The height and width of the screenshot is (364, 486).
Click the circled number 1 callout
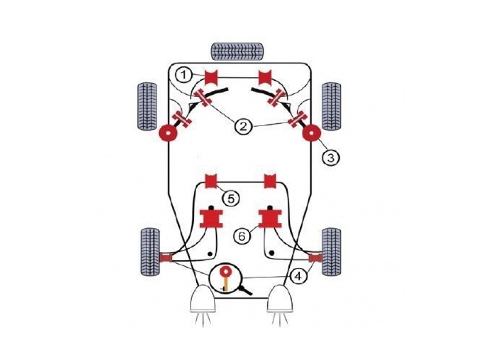[184, 75]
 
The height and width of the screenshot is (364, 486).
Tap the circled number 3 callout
[330, 158]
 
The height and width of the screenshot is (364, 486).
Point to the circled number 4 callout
[298, 275]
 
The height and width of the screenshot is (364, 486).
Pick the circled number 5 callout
[231, 199]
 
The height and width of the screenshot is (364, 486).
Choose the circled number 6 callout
[242, 237]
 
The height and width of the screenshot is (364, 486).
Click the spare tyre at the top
[238, 52]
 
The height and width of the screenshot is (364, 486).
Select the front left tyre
[147, 106]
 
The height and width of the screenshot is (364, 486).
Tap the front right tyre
[332, 106]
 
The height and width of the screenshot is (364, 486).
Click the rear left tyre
[150, 252]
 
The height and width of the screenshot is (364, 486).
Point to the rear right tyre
[332, 252]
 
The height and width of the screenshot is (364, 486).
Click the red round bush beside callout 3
[312, 133]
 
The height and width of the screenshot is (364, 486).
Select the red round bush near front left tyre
[168, 133]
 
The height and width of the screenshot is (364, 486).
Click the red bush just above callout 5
[211, 181]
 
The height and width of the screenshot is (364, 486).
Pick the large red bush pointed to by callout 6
[270, 218]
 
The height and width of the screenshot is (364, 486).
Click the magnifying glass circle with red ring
[225, 278]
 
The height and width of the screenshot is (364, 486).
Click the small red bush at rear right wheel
[315, 257]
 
